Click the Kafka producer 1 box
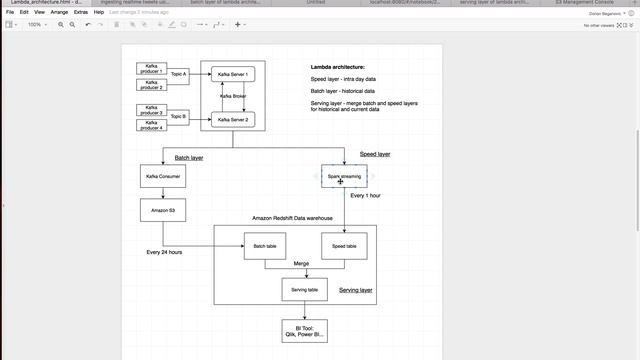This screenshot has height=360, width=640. (x=151, y=68)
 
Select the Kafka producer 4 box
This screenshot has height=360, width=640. (x=151, y=126)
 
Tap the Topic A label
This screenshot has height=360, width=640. (x=179, y=74)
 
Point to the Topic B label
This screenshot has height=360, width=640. (x=179, y=116)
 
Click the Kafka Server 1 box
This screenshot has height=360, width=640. (x=233, y=75)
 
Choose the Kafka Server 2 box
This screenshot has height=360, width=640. (x=233, y=119)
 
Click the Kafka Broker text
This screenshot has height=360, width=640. (x=233, y=96)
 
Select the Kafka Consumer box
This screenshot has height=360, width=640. (x=162, y=176)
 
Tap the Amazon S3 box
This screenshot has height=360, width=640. (x=162, y=210)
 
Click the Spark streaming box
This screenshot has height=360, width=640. (x=344, y=176)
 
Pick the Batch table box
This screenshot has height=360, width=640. (x=265, y=246)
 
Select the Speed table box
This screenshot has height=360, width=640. (x=344, y=246)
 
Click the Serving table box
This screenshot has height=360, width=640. (x=304, y=289)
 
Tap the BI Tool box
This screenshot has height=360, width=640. (x=304, y=331)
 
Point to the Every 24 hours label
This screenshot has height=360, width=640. (x=164, y=252)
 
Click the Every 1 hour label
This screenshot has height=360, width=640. (x=365, y=196)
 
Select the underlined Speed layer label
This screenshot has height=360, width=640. (x=375, y=154)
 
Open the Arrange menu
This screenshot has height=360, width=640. (x=59, y=12)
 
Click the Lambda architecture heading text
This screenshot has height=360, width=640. (x=337, y=67)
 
